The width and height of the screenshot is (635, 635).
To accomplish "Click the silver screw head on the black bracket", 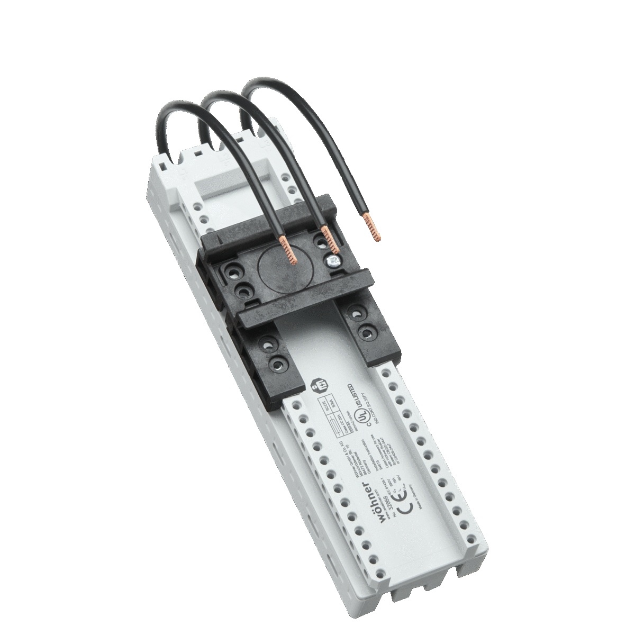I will [333, 260].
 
